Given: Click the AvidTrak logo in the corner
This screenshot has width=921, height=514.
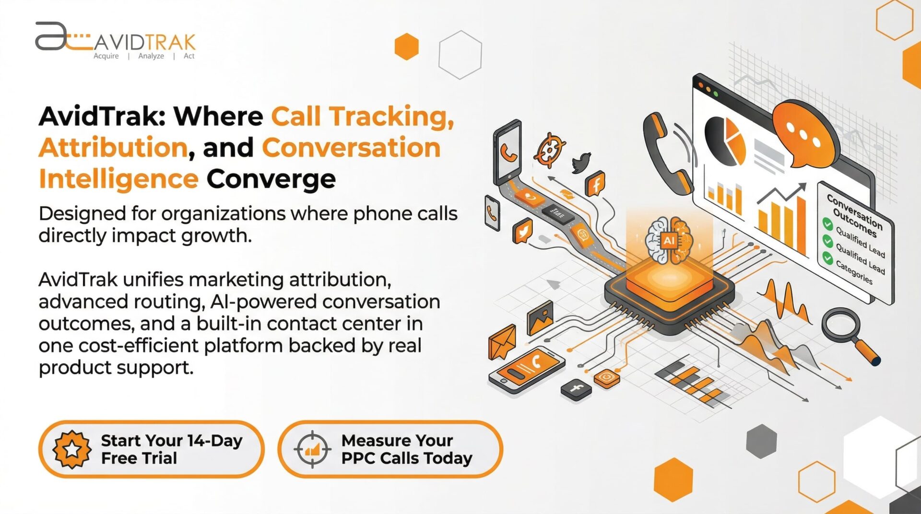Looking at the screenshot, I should pos(115,41).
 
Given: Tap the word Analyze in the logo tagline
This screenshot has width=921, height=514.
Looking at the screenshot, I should pos(151,56).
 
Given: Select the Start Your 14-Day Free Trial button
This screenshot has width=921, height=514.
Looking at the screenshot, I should pos(151,449).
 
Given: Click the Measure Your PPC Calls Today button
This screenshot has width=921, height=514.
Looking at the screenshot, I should pos(390,449).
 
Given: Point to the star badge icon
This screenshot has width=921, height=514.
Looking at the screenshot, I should pos(72,449).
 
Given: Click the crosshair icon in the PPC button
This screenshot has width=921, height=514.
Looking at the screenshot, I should pos(312,449).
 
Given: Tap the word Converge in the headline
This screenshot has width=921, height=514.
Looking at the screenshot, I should pos(271,179).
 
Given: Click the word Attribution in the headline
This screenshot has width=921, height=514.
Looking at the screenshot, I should pos(113,147).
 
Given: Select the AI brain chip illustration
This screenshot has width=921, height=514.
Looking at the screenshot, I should pos(669,269).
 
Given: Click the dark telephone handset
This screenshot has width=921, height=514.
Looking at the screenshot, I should pos(667,153).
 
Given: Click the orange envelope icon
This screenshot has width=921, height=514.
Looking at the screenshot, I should pos(502,341).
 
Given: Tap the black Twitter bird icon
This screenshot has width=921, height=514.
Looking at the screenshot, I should pos(581,163).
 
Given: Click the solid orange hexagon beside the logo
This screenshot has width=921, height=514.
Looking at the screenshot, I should pos(406,47).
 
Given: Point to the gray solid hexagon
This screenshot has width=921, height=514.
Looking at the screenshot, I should pos(761,441).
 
